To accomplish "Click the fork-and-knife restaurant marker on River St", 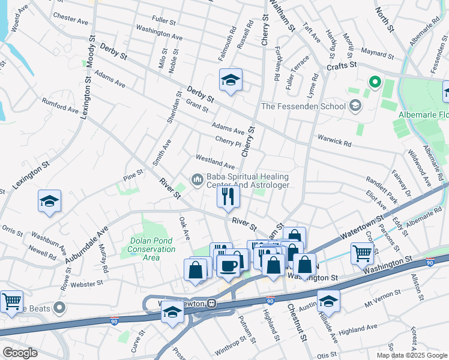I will [228, 196].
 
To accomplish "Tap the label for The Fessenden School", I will [303, 106].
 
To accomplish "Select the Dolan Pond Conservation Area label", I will [143, 249].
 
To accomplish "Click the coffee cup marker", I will [228, 264].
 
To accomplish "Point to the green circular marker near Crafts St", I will [375, 82].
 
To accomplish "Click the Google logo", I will [20, 352].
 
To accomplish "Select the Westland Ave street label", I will [214, 161].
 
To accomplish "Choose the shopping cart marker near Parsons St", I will [362, 253].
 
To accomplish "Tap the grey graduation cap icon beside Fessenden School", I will [355, 106].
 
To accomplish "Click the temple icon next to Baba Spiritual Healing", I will [197, 179].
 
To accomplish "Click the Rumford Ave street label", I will [60, 106].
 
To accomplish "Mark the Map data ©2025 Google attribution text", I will [411, 355].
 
